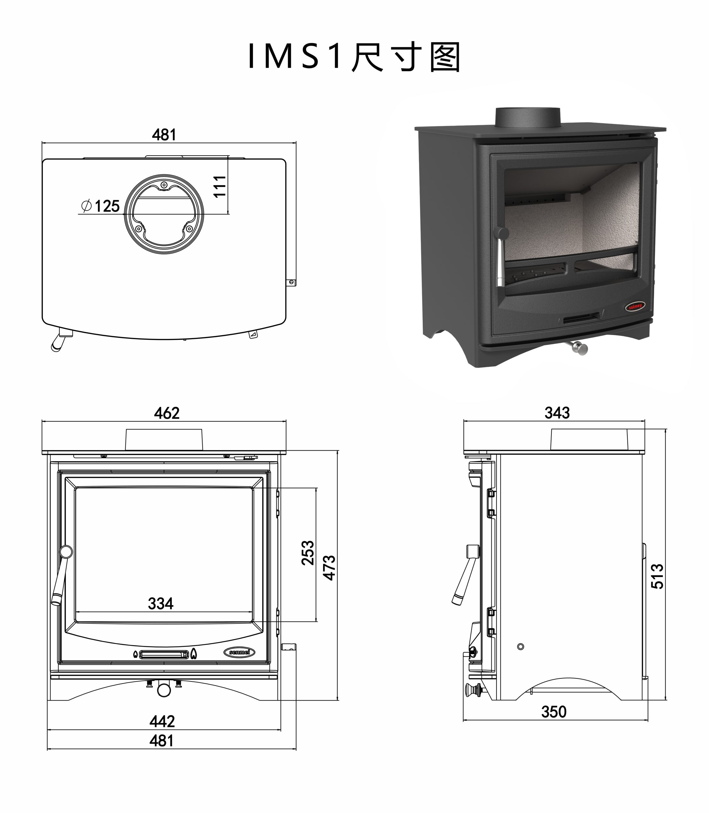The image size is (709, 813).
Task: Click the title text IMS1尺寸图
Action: [x=354, y=57]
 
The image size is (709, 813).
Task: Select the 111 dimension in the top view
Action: [x=219, y=186]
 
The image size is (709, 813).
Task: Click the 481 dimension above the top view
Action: [x=164, y=135]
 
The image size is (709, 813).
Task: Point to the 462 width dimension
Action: [x=166, y=413]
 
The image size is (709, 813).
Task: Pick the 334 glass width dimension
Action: [x=161, y=603]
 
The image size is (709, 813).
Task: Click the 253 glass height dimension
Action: [x=307, y=552]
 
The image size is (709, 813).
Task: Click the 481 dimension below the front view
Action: [x=161, y=741]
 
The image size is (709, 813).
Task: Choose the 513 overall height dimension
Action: [x=657, y=576]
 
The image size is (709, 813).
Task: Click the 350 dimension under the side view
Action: [x=554, y=712]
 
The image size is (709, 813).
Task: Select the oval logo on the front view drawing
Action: [x=240, y=652]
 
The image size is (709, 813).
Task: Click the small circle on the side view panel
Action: [x=521, y=647]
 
